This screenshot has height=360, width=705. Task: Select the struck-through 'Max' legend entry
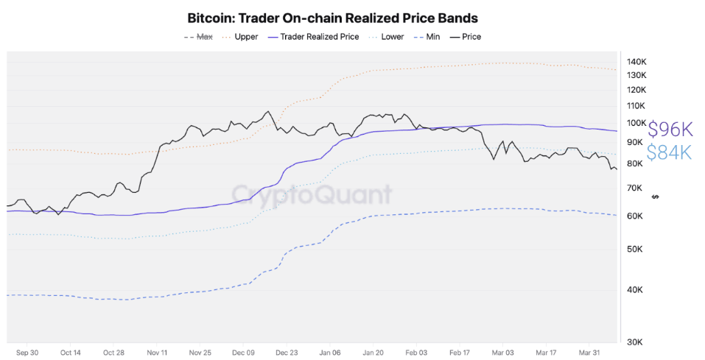(203, 37)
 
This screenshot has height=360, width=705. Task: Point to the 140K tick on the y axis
(636, 61)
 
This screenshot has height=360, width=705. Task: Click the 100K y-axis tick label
(636, 123)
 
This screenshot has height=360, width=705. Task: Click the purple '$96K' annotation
(670, 130)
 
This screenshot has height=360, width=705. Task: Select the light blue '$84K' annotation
(670, 152)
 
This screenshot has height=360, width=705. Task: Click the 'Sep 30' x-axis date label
(27, 353)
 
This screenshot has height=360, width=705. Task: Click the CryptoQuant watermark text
(312, 194)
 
